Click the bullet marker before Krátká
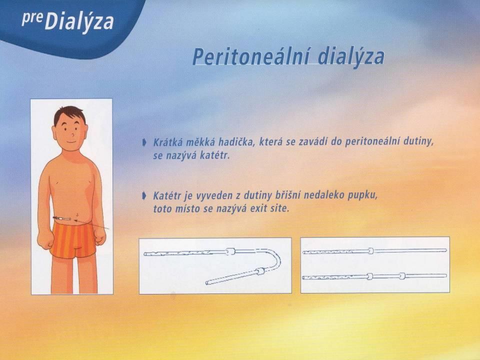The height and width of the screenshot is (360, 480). coord(144,142)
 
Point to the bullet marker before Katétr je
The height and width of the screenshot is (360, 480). coord(144,195)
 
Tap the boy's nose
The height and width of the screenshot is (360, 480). coord(73,134)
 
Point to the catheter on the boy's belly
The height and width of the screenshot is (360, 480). coord(62,218)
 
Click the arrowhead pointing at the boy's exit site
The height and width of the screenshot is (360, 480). coord(76,220)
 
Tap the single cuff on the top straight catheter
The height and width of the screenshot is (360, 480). coord(370,250)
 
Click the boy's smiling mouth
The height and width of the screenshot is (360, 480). coord(71,142)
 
